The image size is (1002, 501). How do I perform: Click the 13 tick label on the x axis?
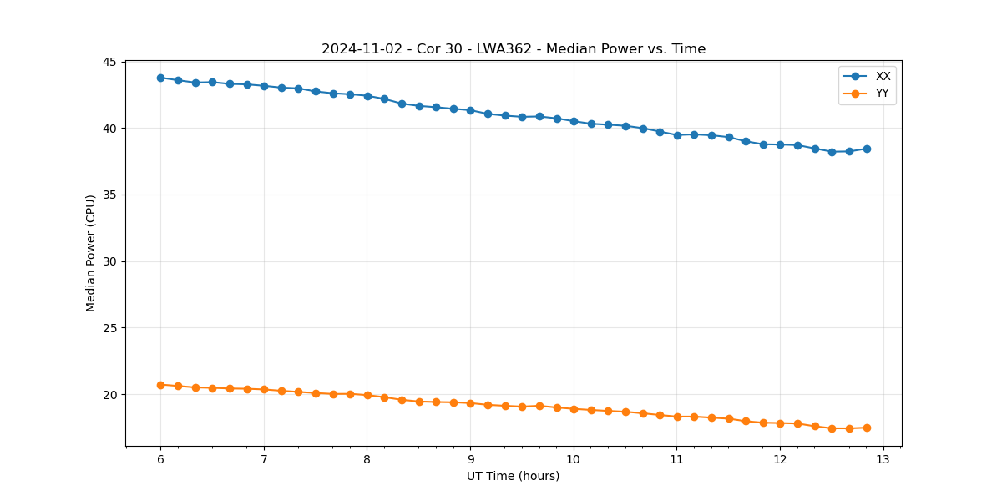883,459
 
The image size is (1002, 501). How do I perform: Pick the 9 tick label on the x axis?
470,459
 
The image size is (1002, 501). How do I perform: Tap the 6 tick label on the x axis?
160,459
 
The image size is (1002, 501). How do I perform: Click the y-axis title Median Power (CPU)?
91,253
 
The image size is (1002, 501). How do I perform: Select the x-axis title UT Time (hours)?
513,476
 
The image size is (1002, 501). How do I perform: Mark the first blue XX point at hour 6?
160,78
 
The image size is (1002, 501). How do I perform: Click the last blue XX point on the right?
867,149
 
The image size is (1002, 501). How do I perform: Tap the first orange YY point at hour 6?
160,385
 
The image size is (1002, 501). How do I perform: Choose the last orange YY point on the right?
867,428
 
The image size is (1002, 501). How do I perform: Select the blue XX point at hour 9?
470,110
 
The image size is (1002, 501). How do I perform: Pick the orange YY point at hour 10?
574,409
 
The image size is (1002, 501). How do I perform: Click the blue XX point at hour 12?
780,144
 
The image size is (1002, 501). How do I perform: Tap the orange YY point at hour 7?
264,389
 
